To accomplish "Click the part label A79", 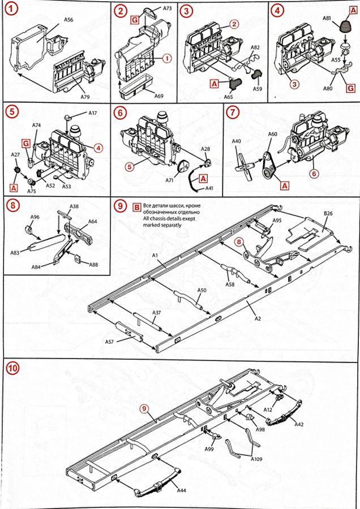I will (x=85, y=97).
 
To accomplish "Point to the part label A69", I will (x=159, y=96).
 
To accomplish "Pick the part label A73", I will (x=167, y=9).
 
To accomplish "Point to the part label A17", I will (x=93, y=113).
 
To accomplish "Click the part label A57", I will (x=109, y=342).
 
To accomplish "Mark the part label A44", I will (x=181, y=490).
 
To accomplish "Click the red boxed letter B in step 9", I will (x=136, y=207).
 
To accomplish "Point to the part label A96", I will (x=35, y=217).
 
